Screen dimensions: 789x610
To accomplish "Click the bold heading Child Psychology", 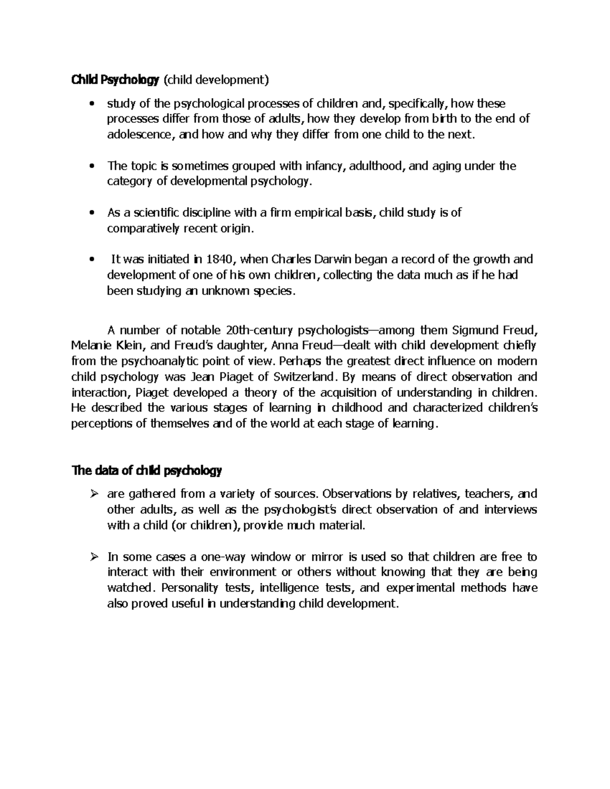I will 115,80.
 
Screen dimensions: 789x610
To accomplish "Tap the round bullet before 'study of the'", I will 91,105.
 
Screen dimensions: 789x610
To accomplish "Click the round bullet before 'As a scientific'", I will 91,213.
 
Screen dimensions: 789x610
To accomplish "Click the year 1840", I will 221,260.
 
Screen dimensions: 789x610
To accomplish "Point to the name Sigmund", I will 474,330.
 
